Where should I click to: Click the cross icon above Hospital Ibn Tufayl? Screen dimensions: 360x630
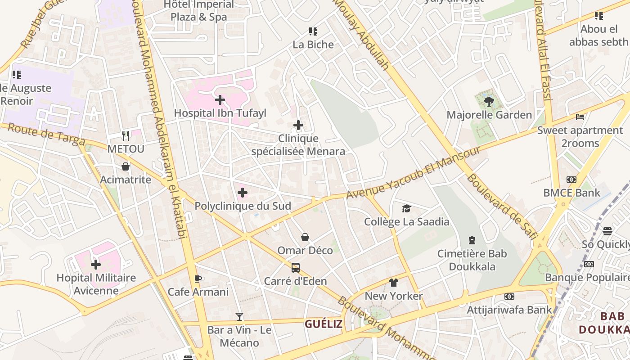click(x=220, y=99)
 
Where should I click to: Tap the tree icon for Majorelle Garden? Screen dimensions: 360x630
click(x=489, y=101)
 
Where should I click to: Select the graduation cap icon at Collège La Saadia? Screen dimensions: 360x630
click(x=406, y=208)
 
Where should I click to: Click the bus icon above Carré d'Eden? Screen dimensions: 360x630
click(x=296, y=268)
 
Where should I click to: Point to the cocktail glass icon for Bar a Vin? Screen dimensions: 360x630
click(x=239, y=317)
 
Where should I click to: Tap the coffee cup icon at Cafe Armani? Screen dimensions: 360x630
click(x=198, y=279)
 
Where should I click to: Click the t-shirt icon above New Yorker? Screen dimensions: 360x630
click(x=394, y=283)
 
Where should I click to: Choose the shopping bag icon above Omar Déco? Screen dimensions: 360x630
click(x=305, y=237)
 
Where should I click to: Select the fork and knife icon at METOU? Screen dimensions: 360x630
click(x=126, y=135)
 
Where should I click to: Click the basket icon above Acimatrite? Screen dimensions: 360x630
click(x=126, y=166)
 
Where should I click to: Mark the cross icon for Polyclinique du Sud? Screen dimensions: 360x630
click(x=243, y=193)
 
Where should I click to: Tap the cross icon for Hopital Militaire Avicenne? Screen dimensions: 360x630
click(x=96, y=264)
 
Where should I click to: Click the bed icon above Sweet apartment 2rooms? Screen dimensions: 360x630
click(x=580, y=117)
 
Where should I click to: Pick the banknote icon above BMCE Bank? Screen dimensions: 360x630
click(x=571, y=180)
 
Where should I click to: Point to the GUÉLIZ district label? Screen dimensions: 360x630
click(x=324, y=324)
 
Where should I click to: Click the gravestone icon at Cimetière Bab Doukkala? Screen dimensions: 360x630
click(x=472, y=240)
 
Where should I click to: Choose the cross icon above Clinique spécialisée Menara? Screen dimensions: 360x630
click(x=298, y=125)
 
